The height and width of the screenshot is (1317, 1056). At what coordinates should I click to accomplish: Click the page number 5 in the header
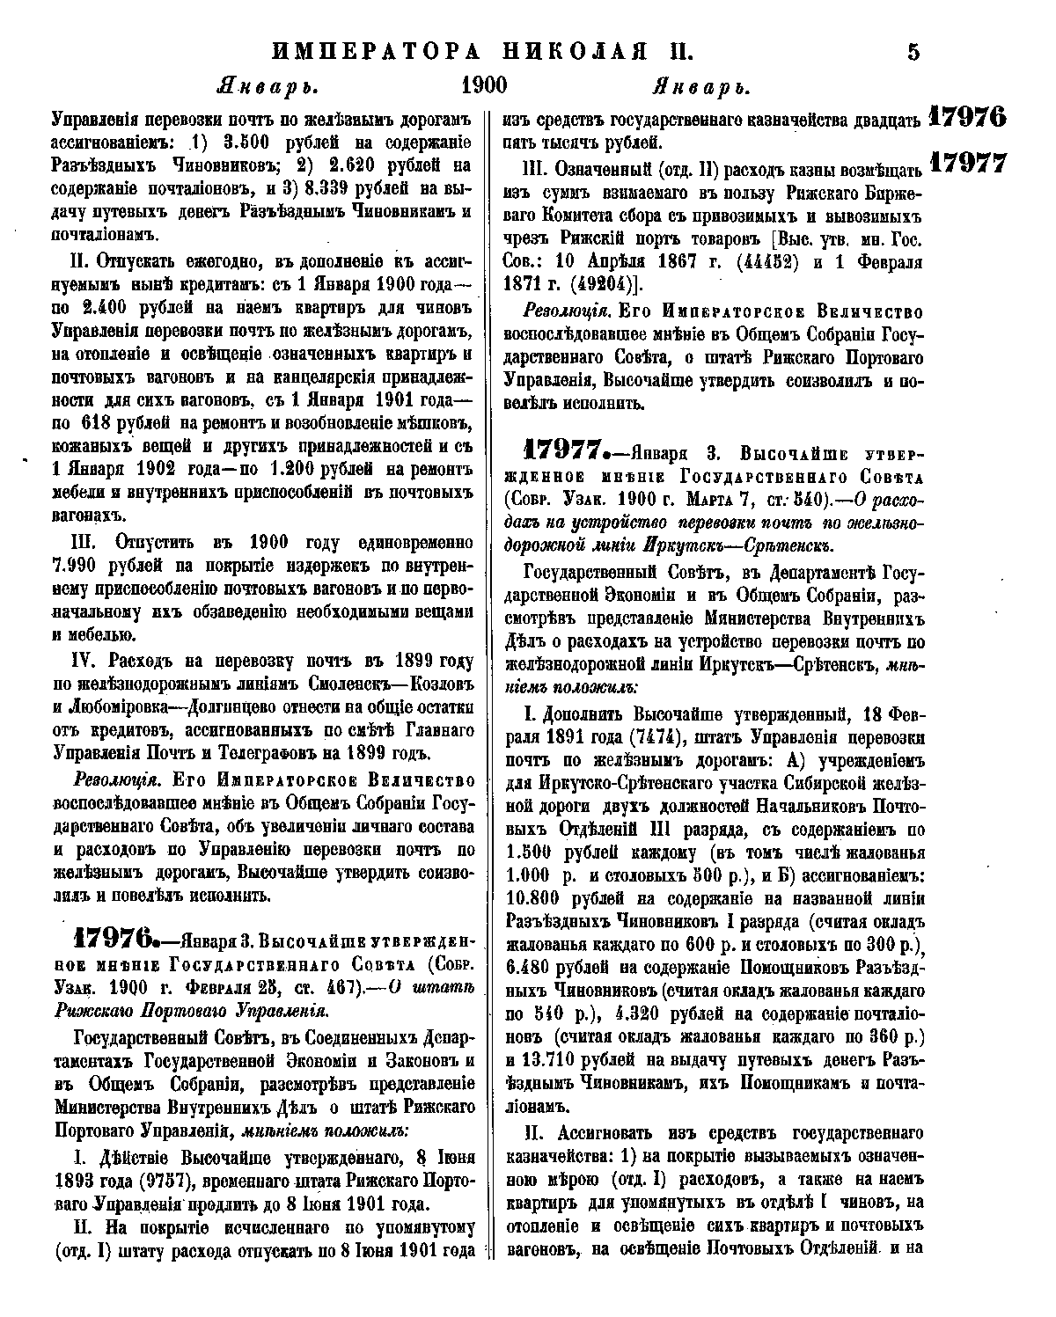tap(913, 52)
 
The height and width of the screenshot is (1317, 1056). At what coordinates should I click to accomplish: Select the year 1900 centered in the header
tap(483, 86)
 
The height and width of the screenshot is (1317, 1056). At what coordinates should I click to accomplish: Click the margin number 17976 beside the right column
tap(967, 118)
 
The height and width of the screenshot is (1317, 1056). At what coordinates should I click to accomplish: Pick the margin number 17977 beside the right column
tap(967, 163)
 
